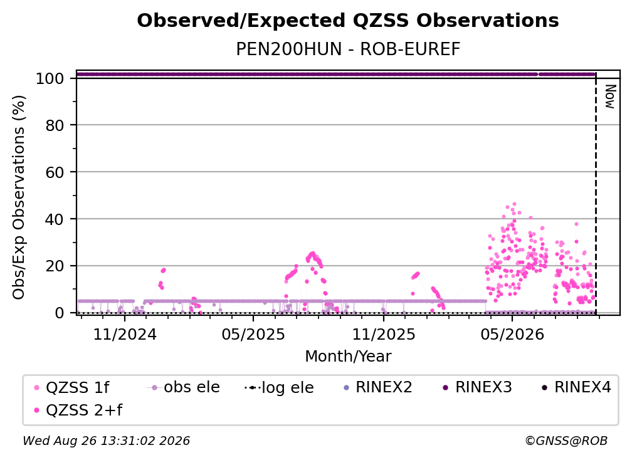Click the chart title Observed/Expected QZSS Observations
click(x=348, y=21)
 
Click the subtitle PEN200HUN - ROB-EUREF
click(x=348, y=50)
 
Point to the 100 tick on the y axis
click(x=50, y=78)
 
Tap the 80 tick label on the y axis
click(x=55, y=126)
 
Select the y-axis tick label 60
click(x=55, y=172)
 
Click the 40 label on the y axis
click(x=55, y=219)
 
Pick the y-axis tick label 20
click(x=55, y=266)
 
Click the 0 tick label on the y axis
click(x=60, y=313)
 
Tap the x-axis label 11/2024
click(x=125, y=334)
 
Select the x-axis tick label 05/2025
click(x=253, y=334)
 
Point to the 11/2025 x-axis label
click(x=384, y=334)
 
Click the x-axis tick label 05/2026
click(x=512, y=334)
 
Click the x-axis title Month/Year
click(x=348, y=356)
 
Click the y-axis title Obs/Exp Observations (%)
click(x=19, y=197)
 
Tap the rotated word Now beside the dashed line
click(x=610, y=97)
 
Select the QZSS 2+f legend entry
click(x=78, y=410)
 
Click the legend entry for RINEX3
click(x=477, y=387)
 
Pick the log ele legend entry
click(x=280, y=387)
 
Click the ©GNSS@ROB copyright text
click(x=566, y=441)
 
